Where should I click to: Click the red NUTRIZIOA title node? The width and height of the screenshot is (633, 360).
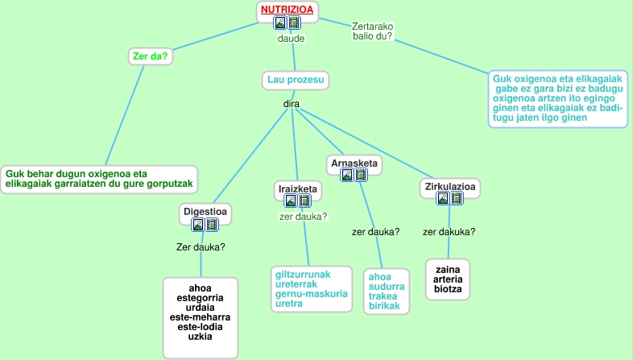(x=287, y=10)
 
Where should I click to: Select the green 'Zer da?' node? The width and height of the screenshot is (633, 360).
(x=153, y=56)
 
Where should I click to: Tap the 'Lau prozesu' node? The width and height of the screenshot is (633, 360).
(x=296, y=81)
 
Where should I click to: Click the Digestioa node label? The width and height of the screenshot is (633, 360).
(x=207, y=212)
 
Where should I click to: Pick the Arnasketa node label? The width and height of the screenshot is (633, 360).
(x=354, y=164)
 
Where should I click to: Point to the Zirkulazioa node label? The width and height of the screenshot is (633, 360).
(x=450, y=187)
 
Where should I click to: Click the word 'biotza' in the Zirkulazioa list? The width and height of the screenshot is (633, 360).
(x=448, y=290)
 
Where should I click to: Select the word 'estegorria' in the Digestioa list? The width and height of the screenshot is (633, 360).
(x=201, y=298)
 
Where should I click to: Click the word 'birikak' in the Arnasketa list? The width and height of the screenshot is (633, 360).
(x=384, y=306)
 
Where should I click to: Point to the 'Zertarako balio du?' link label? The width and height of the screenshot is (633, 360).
(x=372, y=31)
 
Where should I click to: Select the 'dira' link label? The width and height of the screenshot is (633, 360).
(x=291, y=104)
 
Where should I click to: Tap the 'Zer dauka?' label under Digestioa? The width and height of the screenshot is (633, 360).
(x=201, y=246)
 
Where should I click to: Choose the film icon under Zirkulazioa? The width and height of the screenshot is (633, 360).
(x=456, y=199)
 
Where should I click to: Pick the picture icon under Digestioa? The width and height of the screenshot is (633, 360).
(x=198, y=225)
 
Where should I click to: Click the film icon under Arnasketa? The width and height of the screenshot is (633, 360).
(x=362, y=175)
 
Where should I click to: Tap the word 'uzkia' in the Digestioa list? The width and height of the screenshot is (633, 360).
(x=201, y=337)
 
